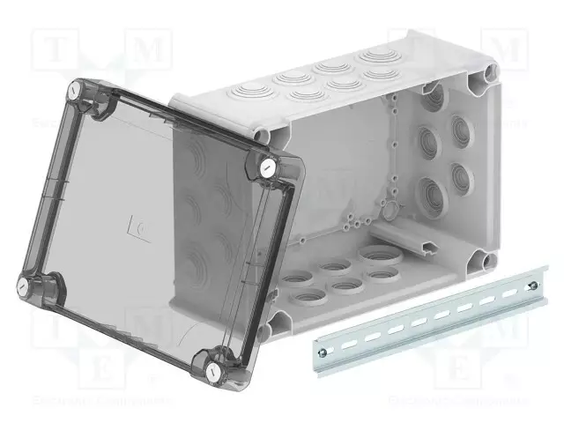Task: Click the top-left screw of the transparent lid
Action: click(x=75, y=93)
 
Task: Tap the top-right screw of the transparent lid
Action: click(x=267, y=167)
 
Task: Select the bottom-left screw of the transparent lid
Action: click(x=26, y=285)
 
